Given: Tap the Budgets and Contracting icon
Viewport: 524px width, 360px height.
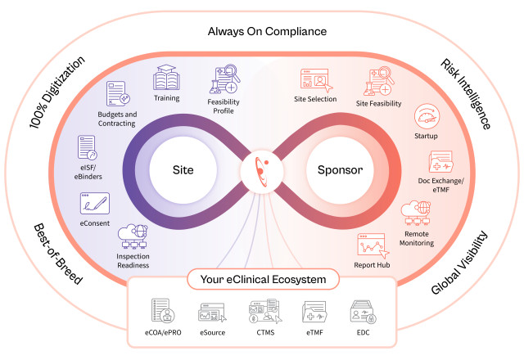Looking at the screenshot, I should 119,97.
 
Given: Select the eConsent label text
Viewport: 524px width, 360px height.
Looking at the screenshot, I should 95,222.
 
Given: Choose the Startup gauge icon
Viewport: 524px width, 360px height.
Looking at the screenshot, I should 426,115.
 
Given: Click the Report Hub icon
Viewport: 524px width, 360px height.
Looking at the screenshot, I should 370,245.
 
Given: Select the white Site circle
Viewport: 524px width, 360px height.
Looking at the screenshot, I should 183,171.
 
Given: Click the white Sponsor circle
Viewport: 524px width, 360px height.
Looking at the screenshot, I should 339,171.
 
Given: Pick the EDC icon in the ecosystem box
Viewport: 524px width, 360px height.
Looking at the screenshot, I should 363,312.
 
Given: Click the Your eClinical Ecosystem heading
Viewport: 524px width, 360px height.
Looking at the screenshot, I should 261,281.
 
